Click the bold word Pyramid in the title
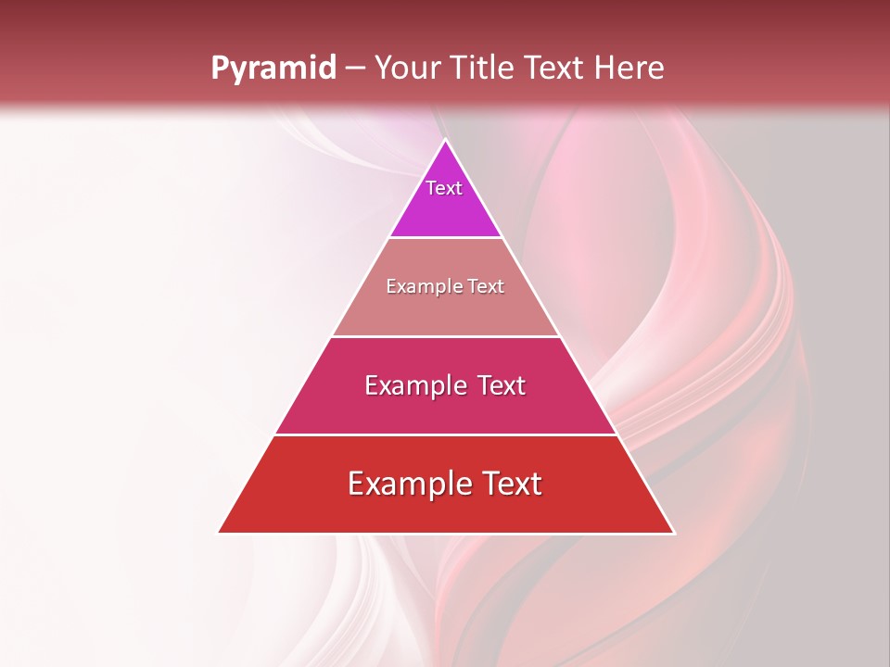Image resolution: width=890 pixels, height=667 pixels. coord(273,68)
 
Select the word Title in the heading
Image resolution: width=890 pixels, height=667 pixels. coord(485,68)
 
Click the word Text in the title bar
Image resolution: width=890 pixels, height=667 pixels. coord(557,68)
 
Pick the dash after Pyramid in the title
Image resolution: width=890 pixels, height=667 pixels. coord(354,69)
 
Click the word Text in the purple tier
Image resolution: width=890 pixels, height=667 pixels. coord(444,188)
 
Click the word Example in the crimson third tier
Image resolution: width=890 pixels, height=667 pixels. coord(413,385)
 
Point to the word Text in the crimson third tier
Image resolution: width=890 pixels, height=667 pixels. coord(502,385)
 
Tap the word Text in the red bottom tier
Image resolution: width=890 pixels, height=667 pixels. coord(511,484)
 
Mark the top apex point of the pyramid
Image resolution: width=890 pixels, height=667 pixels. coord(446,140)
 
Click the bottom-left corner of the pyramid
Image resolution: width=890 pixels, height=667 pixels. coord(219,533)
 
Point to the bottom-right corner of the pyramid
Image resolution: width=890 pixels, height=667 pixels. coord(674,533)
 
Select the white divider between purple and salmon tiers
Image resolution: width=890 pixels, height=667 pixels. coord(446,238)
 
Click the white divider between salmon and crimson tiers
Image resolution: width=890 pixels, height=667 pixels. coord(446,336)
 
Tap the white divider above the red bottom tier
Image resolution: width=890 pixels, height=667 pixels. coord(446,434)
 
